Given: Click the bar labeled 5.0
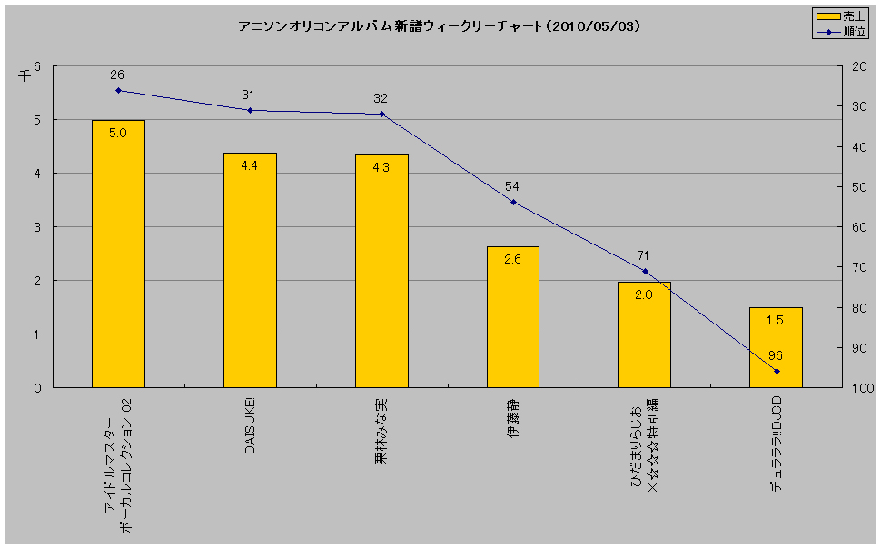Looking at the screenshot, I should point(118,254).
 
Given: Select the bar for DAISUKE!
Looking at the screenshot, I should point(250,270).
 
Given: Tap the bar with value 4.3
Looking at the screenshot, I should point(381,271).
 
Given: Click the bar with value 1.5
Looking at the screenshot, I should point(776,347).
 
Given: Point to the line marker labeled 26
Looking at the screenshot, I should point(118,90).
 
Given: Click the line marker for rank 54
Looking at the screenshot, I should point(513,202).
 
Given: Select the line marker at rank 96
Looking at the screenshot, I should point(777,371).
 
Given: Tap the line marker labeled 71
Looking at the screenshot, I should point(645,271).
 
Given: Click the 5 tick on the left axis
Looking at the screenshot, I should point(37,120).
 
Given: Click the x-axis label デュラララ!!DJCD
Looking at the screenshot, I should point(777,443).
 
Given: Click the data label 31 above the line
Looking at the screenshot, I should point(250,95).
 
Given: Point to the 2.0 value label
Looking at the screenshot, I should point(644,294).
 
